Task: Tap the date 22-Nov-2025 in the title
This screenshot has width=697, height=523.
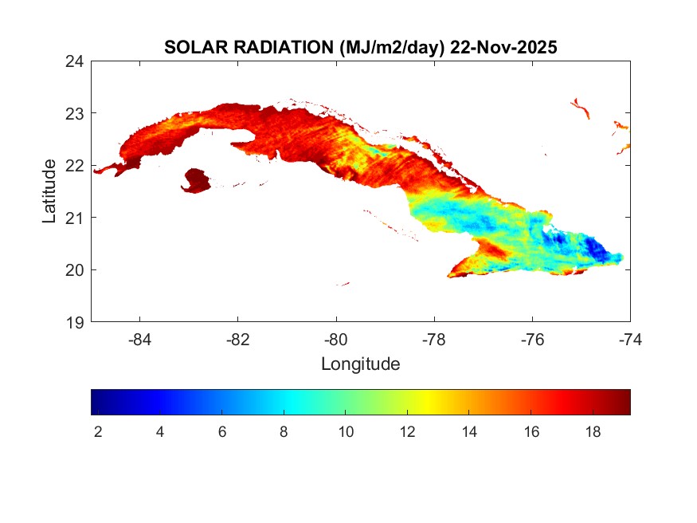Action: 503,47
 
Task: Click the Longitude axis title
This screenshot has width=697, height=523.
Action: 360,364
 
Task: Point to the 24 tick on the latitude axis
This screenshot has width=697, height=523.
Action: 76,61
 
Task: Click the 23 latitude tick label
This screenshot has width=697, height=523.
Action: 76,112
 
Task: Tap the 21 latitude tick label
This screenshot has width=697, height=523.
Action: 76,217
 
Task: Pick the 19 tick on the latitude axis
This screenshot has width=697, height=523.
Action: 76,322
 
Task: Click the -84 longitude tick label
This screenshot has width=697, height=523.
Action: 139,339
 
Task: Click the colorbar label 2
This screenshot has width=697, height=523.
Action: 97,431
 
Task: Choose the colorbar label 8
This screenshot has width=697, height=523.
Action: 284,431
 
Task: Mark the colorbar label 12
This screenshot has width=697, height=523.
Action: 407,431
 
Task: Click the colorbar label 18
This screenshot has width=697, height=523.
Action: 593,431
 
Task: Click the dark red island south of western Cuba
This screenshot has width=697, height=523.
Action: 196,180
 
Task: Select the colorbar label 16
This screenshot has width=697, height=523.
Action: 531,431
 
